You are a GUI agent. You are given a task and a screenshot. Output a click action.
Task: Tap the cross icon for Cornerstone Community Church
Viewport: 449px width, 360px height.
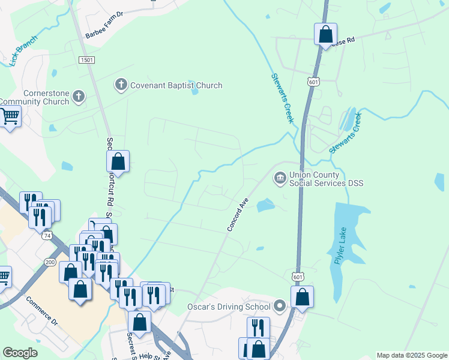pyautogui.click(x=79, y=96)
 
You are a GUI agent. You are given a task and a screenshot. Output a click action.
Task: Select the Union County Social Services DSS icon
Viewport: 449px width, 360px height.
pyautogui.click(x=280, y=178)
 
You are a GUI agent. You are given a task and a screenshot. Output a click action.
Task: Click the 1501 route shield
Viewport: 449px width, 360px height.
pyautogui.click(x=86, y=59)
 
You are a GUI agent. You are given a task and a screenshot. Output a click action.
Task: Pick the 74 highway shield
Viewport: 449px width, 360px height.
pyautogui.click(x=47, y=236)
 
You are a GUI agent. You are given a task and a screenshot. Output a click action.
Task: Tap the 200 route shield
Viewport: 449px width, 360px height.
pyautogui.click(x=50, y=263)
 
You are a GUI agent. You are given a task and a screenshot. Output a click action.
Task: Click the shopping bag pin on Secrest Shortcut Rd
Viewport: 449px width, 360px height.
pyautogui.click(x=118, y=161)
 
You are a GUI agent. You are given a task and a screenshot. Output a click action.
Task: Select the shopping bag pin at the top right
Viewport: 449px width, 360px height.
pyautogui.click(x=325, y=34)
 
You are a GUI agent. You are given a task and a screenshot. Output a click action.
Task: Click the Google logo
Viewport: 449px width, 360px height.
pyautogui.click(x=20, y=353)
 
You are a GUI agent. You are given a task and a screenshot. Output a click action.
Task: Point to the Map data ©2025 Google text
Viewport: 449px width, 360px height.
pyautogui.click(x=411, y=355)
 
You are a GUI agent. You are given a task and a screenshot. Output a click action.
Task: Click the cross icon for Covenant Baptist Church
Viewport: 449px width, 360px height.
pyautogui.click(x=121, y=85)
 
